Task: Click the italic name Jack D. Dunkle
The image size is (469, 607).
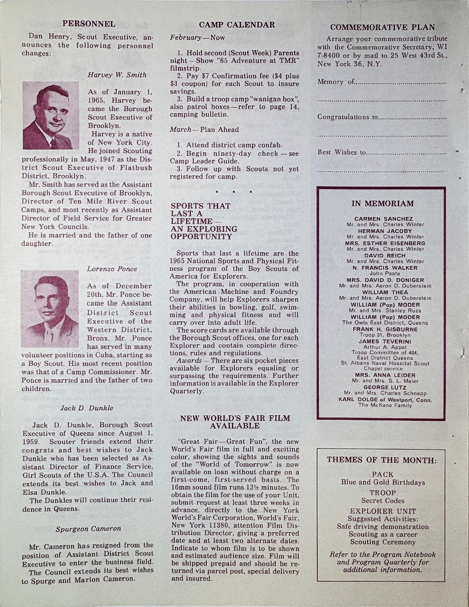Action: (x=87, y=408)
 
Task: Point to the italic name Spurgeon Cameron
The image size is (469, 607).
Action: (x=88, y=528)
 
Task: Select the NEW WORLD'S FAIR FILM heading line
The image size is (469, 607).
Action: (x=235, y=418)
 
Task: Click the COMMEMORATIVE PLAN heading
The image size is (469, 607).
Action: (x=382, y=28)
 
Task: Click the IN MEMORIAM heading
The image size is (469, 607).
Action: (x=383, y=204)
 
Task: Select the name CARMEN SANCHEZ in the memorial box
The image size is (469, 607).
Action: (x=383, y=219)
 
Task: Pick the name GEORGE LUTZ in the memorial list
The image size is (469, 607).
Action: (x=383, y=387)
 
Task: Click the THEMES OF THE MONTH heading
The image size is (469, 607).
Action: (x=382, y=460)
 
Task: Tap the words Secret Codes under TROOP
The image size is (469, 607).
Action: (x=382, y=501)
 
